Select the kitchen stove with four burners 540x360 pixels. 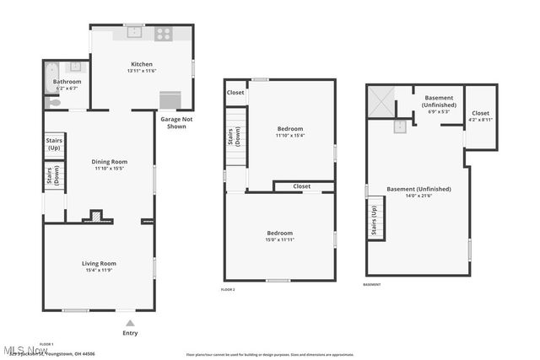163,35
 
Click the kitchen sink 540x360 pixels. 134,34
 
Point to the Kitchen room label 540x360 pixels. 141,65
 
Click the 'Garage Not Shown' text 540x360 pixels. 173,123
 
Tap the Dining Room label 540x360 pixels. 109,161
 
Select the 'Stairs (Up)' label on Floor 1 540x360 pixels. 54,142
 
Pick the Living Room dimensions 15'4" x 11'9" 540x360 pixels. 99,270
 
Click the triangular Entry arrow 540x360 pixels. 129,322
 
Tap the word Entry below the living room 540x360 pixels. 129,333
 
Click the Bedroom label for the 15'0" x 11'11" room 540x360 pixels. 279,233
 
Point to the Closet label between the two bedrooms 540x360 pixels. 301,186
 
